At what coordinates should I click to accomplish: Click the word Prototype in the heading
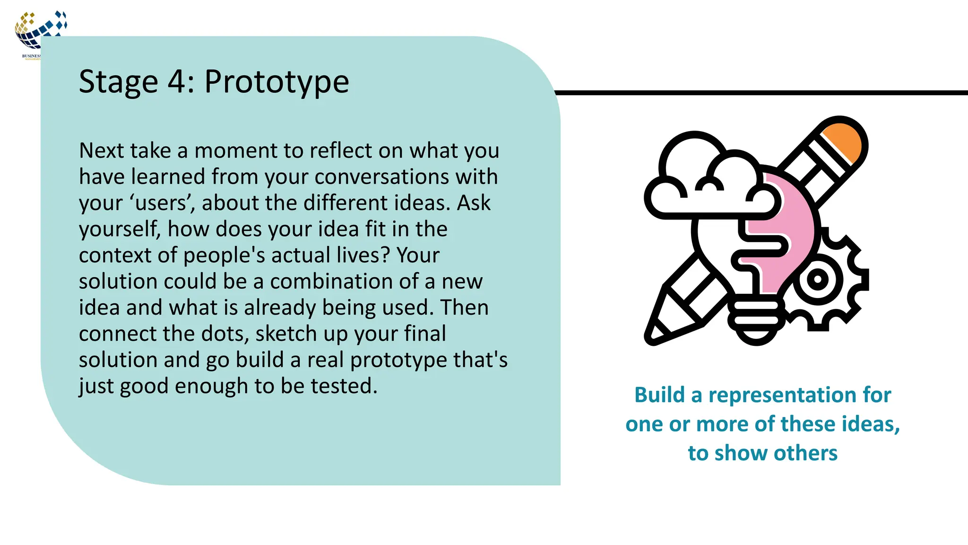click(x=277, y=82)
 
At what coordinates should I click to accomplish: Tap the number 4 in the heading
click(x=177, y=81)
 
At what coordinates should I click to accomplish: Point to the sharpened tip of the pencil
click(x=655, y=336)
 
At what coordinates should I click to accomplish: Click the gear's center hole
click(x=818, y=280)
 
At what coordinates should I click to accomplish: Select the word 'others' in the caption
click(x=805, y=453)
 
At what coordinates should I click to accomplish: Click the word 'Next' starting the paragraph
click(x=101, y=151)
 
